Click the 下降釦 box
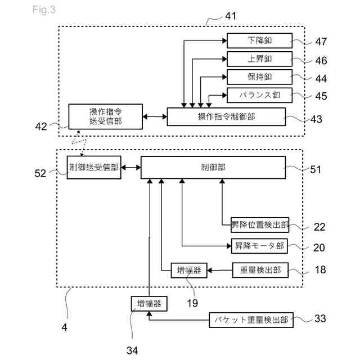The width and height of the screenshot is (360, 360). click(x=259, y=40)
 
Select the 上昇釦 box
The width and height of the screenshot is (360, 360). click(x=259, y=58)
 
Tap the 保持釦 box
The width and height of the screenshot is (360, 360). click(x=259, y=76)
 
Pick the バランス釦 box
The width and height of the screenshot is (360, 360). click(x=259, y=94)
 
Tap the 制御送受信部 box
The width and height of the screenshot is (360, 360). click(x=94, y=168)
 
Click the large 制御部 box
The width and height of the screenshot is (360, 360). click(x=213, y=168)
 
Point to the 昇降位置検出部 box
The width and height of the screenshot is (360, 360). click(x=260, y=225)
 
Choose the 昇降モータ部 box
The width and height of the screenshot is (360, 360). click(x=260, y=246)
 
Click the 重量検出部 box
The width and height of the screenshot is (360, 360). click(x=260, y=271)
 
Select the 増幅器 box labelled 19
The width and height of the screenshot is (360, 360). click(x=188, y=271)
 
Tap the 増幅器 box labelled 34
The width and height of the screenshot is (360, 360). click(x=149, y=304)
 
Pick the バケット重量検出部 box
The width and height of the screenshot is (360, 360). click(x=251, y=320)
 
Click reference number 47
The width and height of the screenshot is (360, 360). click(x=321, y=41)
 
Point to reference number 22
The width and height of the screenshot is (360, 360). click(x=319, y=227)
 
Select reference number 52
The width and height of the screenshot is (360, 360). click(x=40, y=173)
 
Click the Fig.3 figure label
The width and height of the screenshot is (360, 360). click(x=44, y=10)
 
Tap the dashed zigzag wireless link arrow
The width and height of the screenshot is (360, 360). click(x=78, y=144)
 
